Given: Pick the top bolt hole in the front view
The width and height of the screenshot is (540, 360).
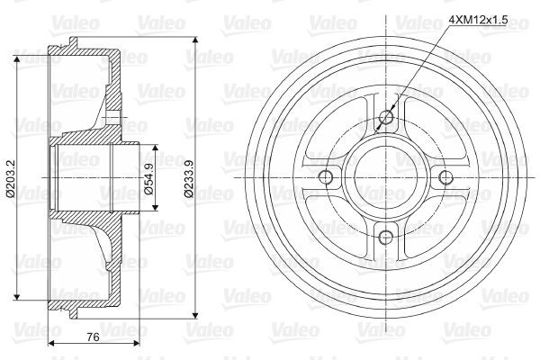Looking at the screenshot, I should [387, 115].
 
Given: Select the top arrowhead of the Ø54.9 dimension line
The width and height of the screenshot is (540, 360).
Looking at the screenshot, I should [156, 146].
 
